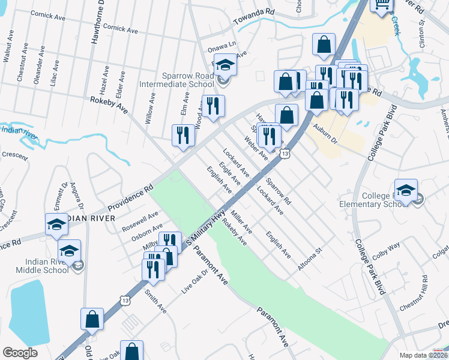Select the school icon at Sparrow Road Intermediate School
point(226,64)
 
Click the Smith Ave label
point(155,301)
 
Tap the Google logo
point(20,353)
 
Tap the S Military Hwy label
point(205,226)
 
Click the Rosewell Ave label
point(140,220)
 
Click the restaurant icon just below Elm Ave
point(183,135)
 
